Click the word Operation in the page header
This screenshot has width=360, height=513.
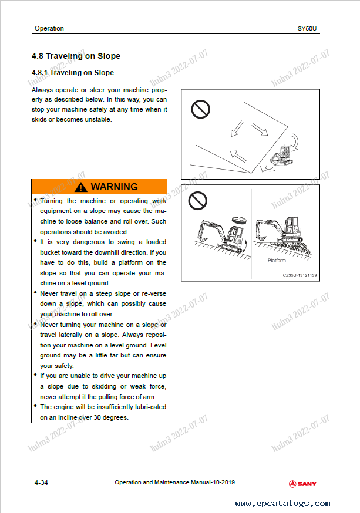[49, 28]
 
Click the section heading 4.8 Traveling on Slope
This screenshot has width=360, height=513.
[76, 56]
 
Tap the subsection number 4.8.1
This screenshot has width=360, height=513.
[39, 73]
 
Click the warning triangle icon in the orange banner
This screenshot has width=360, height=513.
[80, 187]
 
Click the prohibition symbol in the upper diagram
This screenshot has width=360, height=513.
[201, 108]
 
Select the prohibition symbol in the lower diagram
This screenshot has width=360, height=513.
[197, 201]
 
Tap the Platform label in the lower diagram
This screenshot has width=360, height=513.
[277, 261]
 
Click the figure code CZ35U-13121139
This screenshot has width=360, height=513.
[300, 275]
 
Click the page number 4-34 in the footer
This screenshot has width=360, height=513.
[41, 482]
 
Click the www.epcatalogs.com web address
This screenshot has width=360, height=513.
[282, 503]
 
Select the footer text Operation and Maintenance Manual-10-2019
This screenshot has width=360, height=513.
[175, 482]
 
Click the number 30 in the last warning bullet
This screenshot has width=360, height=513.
[103, 417]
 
